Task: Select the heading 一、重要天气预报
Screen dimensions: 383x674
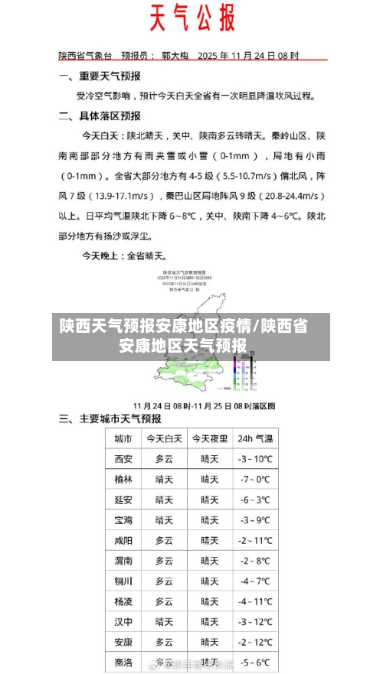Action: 100,77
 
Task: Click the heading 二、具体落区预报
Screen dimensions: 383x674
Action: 100,116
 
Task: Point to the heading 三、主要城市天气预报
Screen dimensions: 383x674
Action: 110,418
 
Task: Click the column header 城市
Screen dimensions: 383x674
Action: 123,439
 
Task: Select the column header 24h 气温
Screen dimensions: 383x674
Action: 255,439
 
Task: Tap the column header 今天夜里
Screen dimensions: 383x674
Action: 209,439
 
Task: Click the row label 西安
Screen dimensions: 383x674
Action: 123,460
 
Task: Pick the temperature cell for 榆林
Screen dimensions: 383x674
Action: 255,480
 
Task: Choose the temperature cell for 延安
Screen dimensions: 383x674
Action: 255,500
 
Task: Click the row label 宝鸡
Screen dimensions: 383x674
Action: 123,520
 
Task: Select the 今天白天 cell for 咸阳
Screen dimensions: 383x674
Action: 164,540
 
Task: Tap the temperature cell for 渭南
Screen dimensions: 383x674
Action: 255,561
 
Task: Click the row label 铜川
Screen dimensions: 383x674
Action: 123,581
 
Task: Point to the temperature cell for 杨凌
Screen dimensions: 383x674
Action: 255,601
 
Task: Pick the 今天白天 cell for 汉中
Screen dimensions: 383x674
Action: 164,621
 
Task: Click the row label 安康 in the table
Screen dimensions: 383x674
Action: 123,642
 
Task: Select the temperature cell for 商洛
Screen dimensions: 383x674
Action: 255,662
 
